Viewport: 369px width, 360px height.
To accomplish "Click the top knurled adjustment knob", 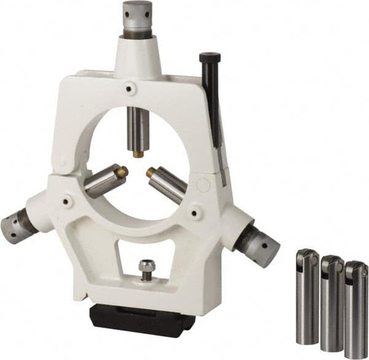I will click(137, 17).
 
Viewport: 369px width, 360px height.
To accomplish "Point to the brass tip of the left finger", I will click(123, 171).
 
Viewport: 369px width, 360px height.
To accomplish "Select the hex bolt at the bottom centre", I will click(147, 266).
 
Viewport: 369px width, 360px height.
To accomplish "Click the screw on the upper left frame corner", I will click(131, 89).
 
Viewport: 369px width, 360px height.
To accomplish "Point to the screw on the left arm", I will click(68, 200).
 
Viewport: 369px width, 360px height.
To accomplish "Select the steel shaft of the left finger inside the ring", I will click(102, 181).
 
